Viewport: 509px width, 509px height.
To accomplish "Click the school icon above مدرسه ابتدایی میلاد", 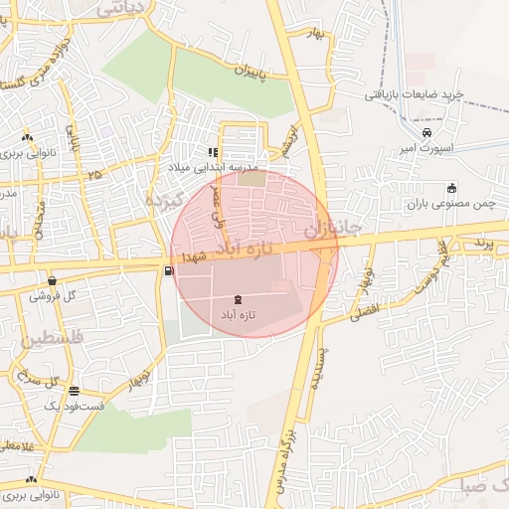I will point(212,152).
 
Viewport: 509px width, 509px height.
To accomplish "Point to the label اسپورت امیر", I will point(425,148).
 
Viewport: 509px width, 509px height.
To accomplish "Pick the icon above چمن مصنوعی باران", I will point(451,188).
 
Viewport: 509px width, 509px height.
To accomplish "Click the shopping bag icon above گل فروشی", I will point(51,281).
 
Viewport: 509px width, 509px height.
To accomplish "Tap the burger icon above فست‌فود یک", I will point(73,390).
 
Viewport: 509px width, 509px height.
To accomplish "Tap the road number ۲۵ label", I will point(94,175).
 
